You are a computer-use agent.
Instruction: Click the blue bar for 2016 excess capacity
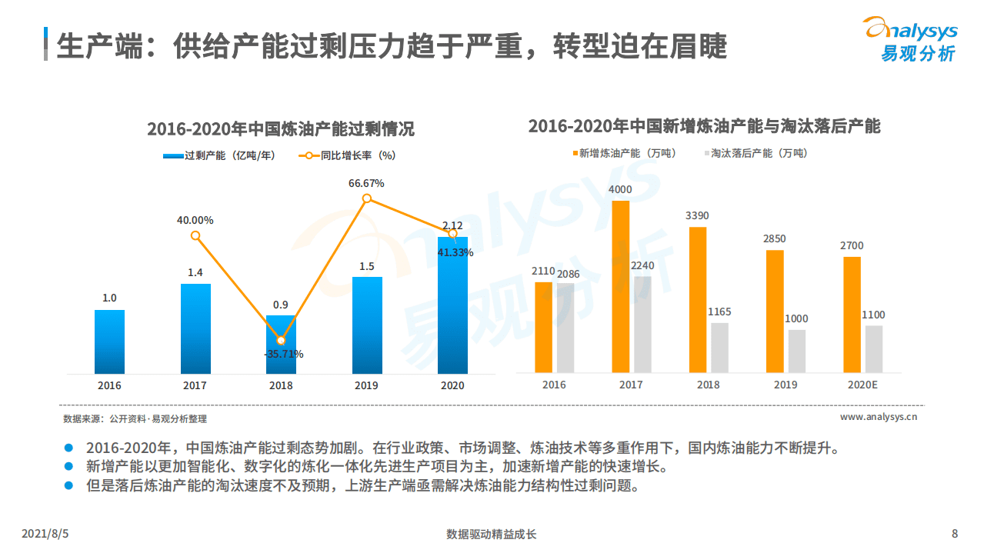(109, 341)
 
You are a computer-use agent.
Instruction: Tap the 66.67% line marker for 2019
(367, 198)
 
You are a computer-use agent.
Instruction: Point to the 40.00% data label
(195, 220)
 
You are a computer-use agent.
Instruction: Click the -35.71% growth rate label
(283, 355)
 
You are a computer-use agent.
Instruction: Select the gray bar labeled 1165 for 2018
(719, 348)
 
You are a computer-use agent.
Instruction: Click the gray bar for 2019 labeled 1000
(796, 351)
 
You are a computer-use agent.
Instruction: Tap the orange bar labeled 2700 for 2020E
(852, 315)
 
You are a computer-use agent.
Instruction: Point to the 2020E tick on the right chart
(862, 385)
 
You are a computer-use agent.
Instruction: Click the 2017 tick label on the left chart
(195, 385)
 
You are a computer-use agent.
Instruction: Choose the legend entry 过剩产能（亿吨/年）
(218, 155)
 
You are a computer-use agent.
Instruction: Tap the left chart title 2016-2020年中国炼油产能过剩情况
(280, 129)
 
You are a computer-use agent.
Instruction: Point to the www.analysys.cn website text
(878, 417)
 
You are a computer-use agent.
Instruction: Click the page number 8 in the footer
(955, 534)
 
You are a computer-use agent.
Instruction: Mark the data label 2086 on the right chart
(569, 274)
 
